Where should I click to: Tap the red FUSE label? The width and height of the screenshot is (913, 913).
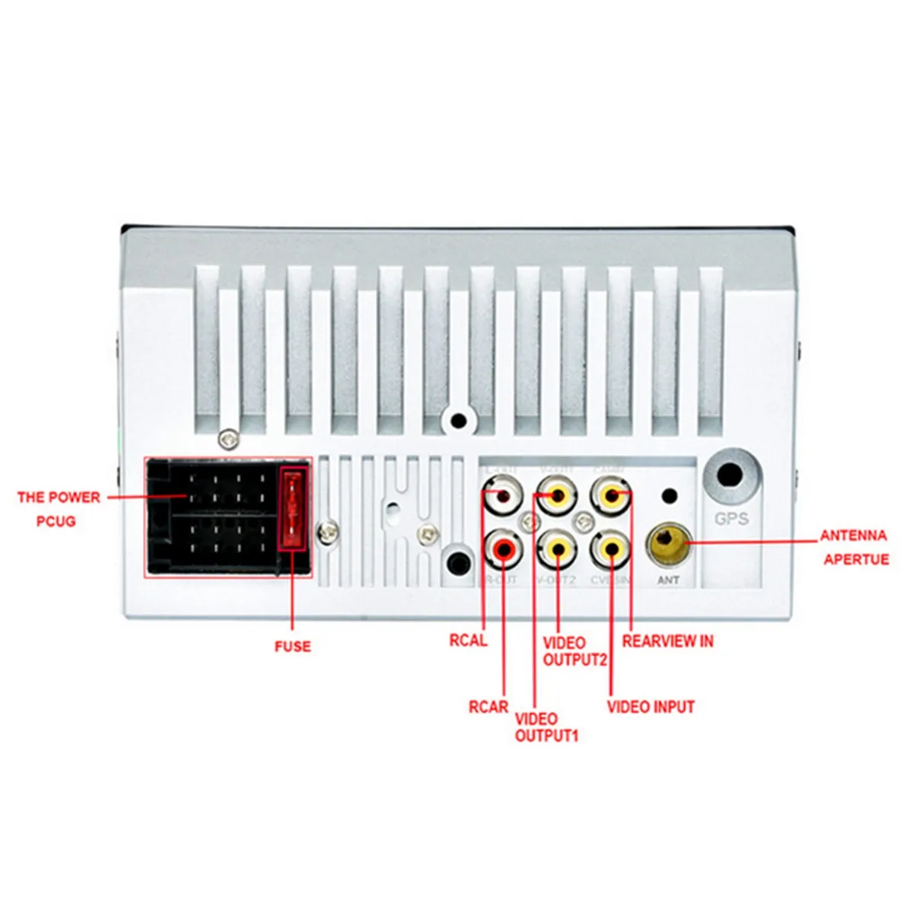[x=293, y=647]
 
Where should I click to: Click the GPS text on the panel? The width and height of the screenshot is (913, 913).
[x=731, y=519]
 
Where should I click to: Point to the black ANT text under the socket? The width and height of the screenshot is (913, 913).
[x=668, y=581]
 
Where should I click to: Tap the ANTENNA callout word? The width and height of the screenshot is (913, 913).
[x=853, y=536]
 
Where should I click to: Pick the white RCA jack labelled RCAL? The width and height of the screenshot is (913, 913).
[x=503, y=496]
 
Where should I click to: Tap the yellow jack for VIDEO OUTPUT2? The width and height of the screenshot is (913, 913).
[x=558, y=548]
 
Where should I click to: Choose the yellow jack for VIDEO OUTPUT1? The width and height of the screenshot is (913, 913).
[x=558, y=496]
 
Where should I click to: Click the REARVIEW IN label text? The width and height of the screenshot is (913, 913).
[x=667, y=641]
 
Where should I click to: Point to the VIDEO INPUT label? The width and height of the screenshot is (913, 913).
[x=651, y=707]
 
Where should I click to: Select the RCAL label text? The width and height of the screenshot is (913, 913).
[x=468, y=641]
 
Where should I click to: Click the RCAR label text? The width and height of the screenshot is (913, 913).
[x=488, y=707]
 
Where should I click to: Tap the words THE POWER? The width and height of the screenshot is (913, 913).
[x=59, y=498]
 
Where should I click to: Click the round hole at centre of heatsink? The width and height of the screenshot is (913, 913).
[x=458, y=419]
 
